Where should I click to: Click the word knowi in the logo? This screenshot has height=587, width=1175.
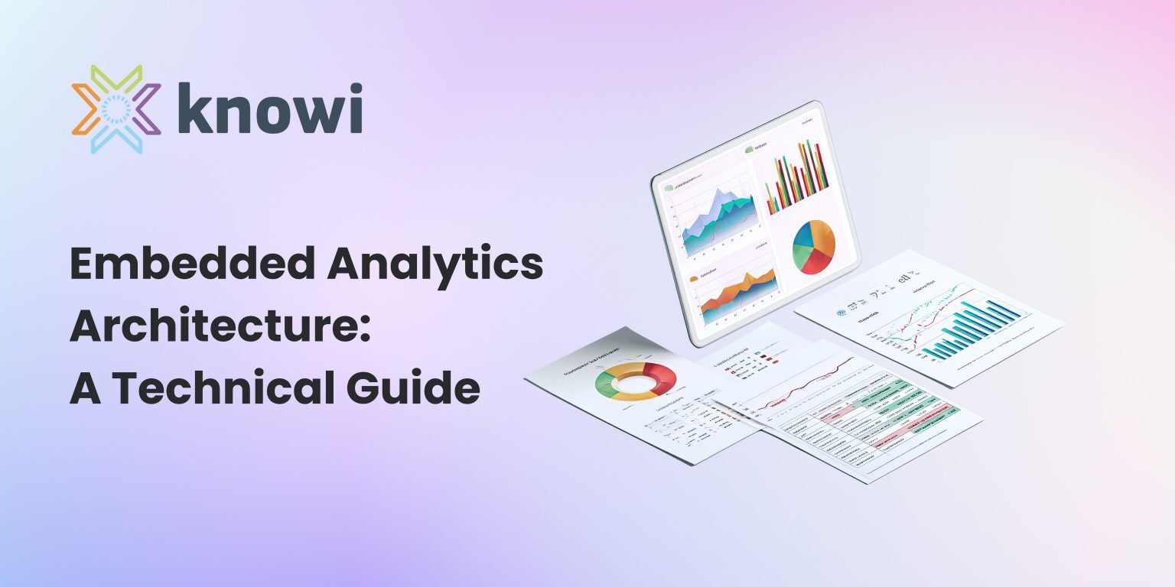(270, 109)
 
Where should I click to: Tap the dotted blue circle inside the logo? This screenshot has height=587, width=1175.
(116, 110)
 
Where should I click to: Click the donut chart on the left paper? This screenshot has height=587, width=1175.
(636, 381)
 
